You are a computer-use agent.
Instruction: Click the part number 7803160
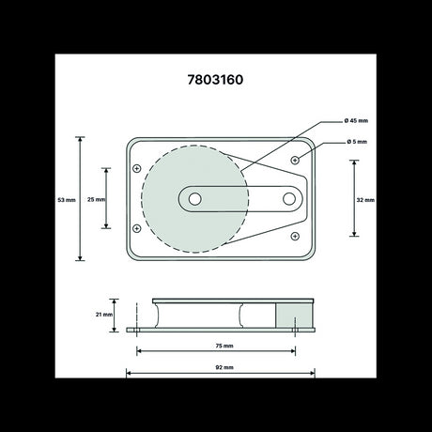click(215, 80)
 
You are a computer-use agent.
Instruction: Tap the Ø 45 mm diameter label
click(358, 121)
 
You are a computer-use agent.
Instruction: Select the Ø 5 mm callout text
click(356, 143)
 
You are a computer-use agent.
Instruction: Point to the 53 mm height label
click(66, 200)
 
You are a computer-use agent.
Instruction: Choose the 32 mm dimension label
click(366, 200)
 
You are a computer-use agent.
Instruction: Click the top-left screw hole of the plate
click(137, 169)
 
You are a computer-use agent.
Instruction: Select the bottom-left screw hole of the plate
click(137, 229)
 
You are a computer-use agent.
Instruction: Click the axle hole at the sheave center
click(194, 200)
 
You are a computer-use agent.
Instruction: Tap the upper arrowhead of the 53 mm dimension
click(81, 140)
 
